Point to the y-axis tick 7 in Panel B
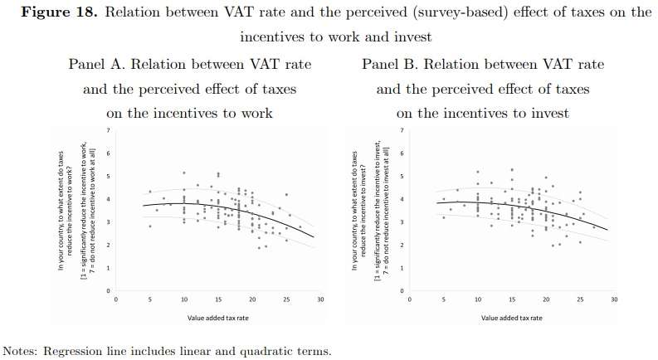(x=402, y=131)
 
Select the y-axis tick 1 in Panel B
(x=402, y=268)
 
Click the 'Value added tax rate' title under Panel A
(x=218, y=318)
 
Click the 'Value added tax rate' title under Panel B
(x=512, y=318)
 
